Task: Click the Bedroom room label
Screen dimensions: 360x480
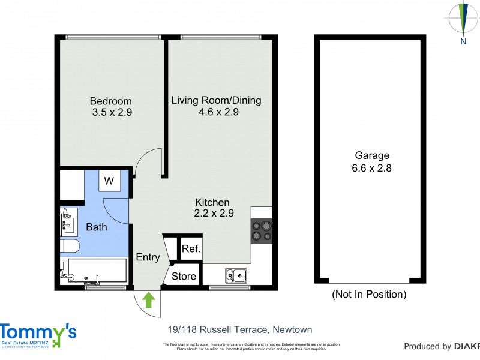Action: click(111, 101)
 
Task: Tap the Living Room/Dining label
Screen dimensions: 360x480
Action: click(217, 100)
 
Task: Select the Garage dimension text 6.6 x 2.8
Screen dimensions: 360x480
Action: click(371, 169)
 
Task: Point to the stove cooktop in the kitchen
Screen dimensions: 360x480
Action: click(262, 230)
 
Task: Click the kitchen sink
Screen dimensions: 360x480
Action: click(236, 275)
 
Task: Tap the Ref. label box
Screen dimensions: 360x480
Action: click(191, 249)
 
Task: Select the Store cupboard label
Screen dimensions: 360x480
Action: click(184, 276)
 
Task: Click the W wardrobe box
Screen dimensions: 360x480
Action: click(109, 181)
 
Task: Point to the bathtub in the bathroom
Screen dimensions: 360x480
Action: click(97, 271)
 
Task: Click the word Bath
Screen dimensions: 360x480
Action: click(97, 227)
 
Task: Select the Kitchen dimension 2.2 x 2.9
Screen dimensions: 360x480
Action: click(214, 213)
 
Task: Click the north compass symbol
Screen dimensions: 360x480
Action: click(463, 19)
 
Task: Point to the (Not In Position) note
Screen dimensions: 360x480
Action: click(369, 295)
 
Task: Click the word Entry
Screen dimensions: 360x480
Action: click(148, 257)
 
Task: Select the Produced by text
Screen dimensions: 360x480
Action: click(427, 346)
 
